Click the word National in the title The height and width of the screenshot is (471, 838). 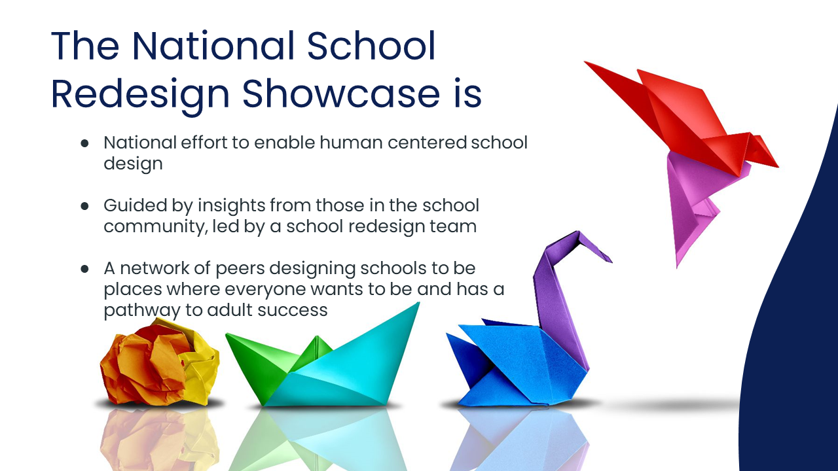[x=214, y=46]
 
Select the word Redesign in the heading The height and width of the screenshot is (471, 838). [x=140, y=96]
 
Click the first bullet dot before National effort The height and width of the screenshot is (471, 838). [x=85, y=143]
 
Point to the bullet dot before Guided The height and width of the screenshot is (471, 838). [x=85, y=206]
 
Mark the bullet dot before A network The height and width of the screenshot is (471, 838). [x=85, y=269]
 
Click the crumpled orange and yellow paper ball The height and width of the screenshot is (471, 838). [x=159, y=362]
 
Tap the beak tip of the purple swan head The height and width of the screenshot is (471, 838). [x=611, y=261]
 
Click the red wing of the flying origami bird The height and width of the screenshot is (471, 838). [x=674, y=112]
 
